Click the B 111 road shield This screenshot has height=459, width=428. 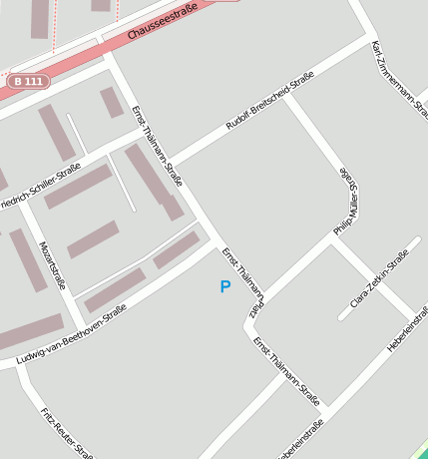point(29,81)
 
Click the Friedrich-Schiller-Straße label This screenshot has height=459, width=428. point(40,188)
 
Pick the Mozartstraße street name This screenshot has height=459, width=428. point(51,264)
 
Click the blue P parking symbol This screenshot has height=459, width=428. point(224,287)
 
